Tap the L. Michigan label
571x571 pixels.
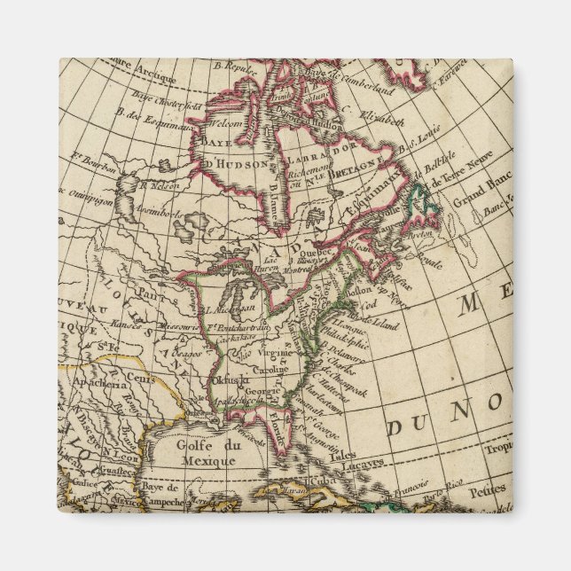tap(231, 307)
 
